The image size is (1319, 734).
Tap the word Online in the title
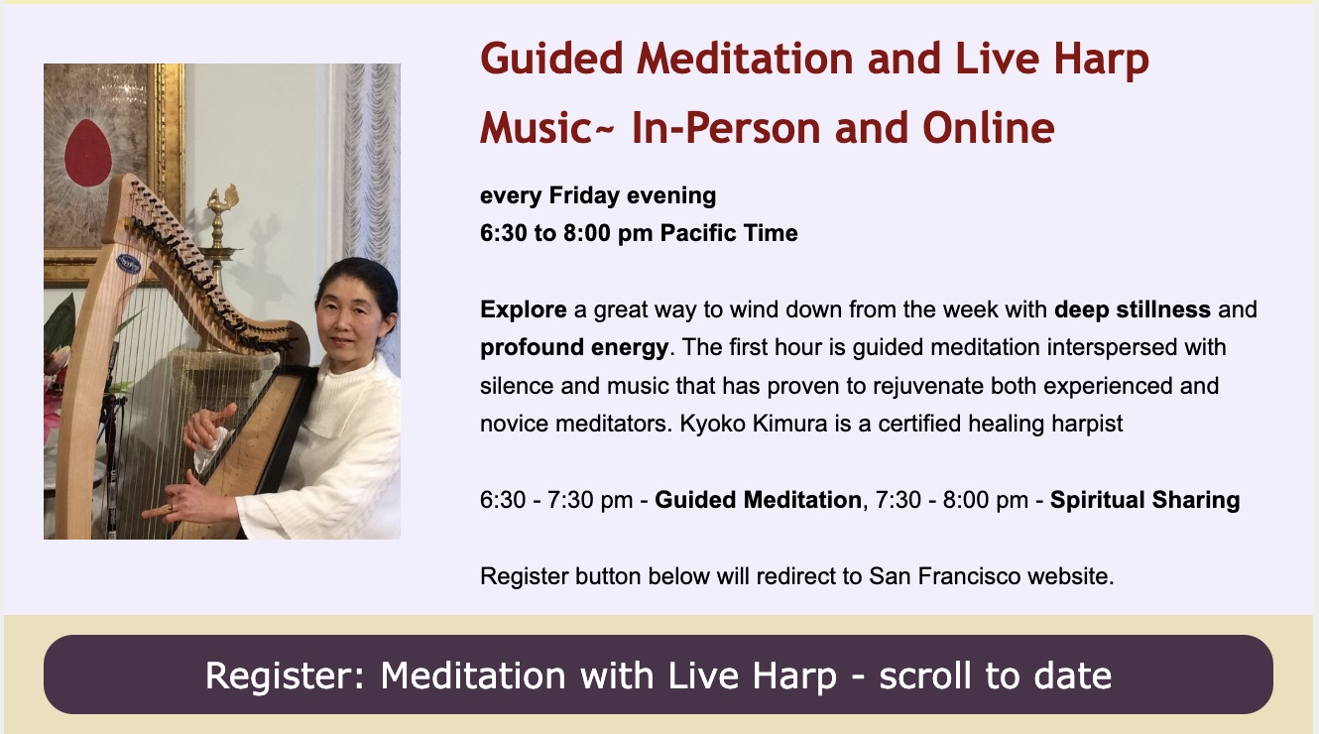[x=989, y=127]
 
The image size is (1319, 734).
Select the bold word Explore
[x=523, y=309]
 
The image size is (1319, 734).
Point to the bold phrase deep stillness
[x=1133, y=309]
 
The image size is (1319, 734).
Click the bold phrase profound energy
[x=574, y=347]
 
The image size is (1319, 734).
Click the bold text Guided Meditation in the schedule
[x=758, y=500]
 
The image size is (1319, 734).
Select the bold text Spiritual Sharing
[x=1144, y=500]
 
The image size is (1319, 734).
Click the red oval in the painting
[x=87, y=152]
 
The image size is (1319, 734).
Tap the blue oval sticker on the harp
[x=128, y=263]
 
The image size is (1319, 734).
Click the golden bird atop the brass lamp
[x=224, y=198]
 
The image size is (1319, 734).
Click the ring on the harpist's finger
[x=172, y=508]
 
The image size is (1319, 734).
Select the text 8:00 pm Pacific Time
[x=680, y=233]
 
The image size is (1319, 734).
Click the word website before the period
[x=1070, y=576]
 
